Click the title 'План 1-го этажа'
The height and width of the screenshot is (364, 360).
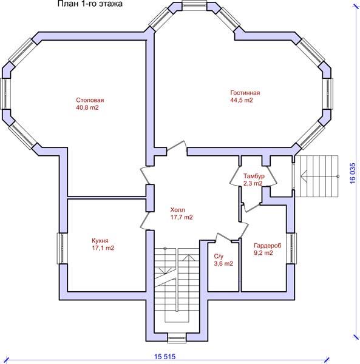point(90,4)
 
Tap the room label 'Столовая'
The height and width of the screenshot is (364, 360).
point(90,100)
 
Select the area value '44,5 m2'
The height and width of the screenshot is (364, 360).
point(242,100)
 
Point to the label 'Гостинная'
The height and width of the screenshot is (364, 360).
point(245,93)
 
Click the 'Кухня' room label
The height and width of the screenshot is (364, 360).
point(100,240)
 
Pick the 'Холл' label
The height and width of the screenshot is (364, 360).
point(178,210)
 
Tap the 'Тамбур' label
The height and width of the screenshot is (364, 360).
point(254,176)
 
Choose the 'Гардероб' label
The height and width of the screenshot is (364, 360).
point(267,245)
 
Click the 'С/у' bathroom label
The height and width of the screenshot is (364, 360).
point(219,256)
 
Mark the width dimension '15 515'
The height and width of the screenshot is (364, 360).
point(165,357)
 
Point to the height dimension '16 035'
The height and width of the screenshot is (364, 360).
point(353,174)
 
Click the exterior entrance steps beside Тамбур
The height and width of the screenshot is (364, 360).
point(316,176)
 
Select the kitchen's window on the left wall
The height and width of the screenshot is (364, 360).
point(62,248)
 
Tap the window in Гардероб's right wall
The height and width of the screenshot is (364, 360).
point(291,248)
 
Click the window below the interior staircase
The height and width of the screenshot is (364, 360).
point(177,338)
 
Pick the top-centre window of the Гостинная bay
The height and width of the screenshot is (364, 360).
point(194,5)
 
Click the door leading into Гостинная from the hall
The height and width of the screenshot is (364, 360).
point(177,148)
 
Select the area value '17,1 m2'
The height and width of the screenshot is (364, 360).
point(103,248)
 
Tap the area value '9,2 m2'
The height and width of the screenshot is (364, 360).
point(263,253)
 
